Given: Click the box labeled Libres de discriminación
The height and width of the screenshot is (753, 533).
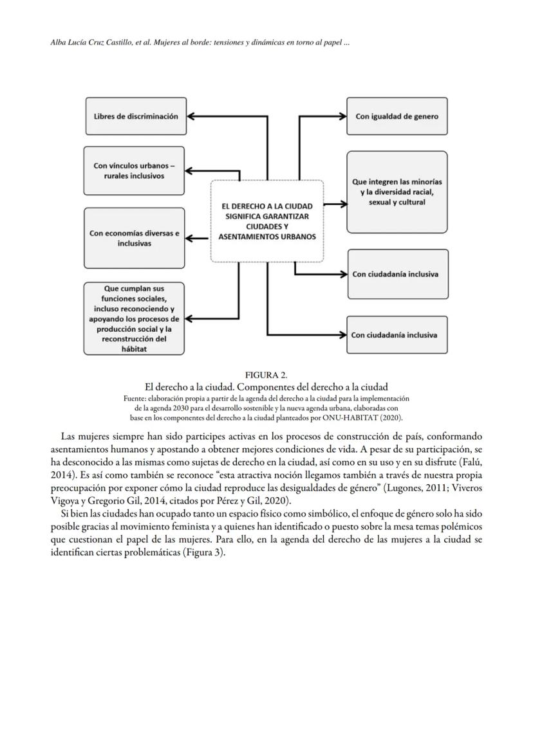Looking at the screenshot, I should click(135, 116).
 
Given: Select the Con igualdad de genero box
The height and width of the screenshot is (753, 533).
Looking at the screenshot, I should click(397, 116).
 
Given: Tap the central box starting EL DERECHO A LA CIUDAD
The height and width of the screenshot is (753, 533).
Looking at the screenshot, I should click(266, 221).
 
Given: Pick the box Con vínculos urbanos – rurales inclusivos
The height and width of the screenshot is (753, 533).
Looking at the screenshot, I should click(134, 170).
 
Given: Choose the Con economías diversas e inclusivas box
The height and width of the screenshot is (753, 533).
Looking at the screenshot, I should click(134, 238).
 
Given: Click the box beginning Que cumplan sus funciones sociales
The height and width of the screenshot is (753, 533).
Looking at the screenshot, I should click(134, 318).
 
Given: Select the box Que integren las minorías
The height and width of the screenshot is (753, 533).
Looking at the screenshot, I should click(397, 192).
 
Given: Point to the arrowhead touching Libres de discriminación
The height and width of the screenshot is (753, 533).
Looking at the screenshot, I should click(192, 116).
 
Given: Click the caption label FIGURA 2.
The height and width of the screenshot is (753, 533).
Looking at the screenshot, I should click(266, 375).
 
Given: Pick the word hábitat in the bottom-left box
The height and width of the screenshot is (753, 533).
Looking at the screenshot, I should click(134, 349).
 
